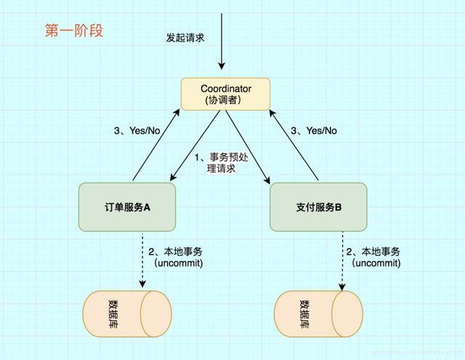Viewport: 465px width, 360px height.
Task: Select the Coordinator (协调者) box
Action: click(x=225, y=94)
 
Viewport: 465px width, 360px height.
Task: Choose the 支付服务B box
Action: click(x=318, y=207)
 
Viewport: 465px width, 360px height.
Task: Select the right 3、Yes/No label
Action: click(x=314, y=131)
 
